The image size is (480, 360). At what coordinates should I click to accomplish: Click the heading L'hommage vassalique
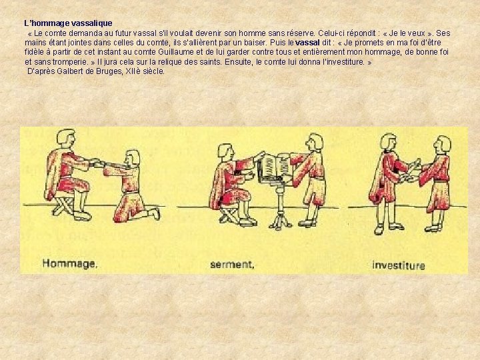click(68, 23)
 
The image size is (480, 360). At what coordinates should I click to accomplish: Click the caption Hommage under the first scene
click(70, 263)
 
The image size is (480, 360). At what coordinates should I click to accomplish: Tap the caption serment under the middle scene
click(232, 264)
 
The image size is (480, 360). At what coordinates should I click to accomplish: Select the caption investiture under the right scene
click(399, 265)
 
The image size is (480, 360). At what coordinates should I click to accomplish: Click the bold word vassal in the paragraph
click(307, 43)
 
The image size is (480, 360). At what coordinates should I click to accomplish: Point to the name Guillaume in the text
click(175, 52)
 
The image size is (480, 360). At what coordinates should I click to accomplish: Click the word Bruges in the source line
click(111, 71)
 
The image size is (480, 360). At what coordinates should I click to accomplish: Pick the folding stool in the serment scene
click(230, 213)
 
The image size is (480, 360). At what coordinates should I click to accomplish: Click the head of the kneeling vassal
click(133, 158)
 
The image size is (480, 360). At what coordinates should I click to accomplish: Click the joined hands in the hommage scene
click(96, 162)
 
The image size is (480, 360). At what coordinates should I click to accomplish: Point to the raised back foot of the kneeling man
click(155, 213)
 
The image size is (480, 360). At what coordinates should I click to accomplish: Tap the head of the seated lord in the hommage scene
click(66, 139)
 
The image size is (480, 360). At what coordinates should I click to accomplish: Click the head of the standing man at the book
click(315, 143)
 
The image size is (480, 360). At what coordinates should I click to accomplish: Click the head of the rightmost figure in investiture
click(443, 145)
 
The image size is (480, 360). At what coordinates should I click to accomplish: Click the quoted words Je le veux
click(407, 33)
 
